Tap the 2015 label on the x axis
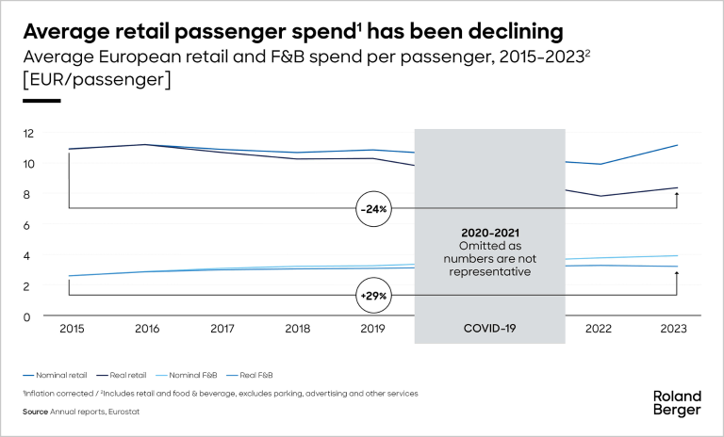click(x=71, y=330)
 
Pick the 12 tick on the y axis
click(x=29, y=133)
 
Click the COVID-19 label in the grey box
click(x=489, y=330)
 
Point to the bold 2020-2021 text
click(x=489, y=232)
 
